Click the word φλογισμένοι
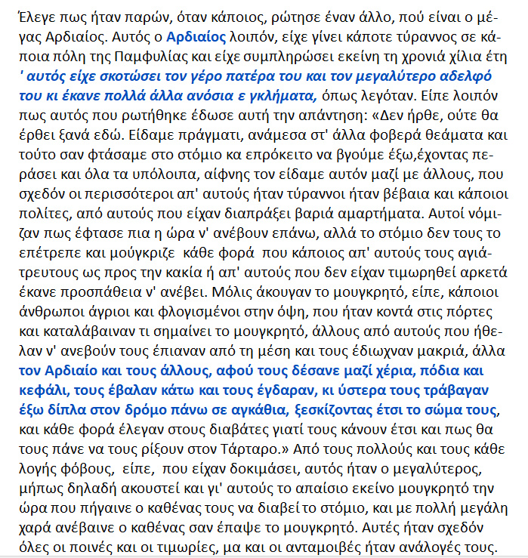point(155,330)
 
